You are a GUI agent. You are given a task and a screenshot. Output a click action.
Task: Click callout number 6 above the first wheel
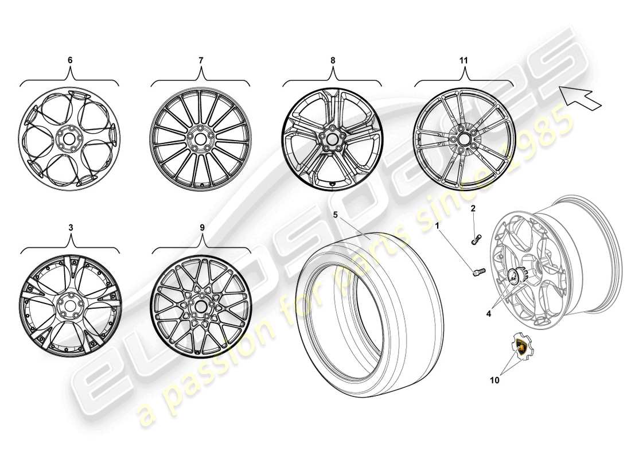70,60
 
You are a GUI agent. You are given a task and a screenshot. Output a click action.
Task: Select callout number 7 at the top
201,60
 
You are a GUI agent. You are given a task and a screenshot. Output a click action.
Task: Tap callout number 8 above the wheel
333,60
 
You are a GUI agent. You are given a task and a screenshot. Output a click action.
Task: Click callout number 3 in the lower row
70,227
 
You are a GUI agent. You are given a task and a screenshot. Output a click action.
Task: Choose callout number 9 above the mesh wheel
201,227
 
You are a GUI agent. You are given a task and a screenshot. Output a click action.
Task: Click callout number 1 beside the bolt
438,227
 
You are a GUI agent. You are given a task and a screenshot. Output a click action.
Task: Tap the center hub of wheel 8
333,138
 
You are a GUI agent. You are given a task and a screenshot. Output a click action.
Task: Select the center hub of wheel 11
464,138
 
